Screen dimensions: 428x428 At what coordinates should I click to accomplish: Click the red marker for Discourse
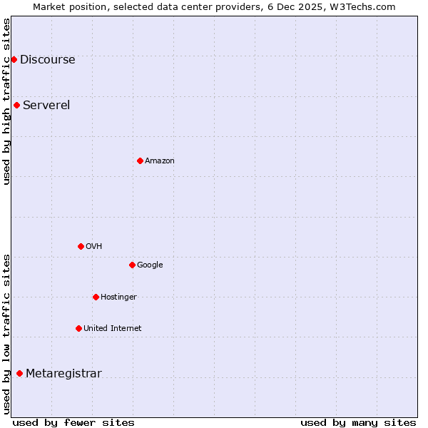click(14, 59)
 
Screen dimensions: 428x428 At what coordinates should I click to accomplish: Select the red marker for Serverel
click(16, 106)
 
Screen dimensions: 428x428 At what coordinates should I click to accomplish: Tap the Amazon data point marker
click(140, 160)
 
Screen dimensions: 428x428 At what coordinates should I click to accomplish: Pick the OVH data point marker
click(81, 246)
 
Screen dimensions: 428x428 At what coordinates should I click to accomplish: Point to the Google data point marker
click(132, 265)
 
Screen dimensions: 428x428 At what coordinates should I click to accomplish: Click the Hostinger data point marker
click(96, 297)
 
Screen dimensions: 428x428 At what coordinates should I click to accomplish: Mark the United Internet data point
click(78, 328)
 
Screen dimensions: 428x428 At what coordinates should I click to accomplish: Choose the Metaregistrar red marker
click(19, 373)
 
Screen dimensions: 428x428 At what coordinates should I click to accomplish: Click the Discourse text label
click(47, 60)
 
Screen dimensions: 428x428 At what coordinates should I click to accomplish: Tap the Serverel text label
click(46, 106)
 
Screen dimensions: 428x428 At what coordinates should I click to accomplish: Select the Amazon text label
click(160, 161)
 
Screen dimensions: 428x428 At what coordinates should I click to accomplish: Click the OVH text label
click(94, 247)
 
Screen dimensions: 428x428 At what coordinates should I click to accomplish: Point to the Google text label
click(150, 265)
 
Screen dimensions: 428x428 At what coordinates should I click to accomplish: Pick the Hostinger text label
click(118, 297)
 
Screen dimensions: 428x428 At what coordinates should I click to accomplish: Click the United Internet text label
click(113, 329)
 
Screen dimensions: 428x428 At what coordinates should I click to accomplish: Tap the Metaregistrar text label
click(63, 374)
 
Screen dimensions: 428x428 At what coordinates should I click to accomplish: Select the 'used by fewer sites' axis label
click(73, 422)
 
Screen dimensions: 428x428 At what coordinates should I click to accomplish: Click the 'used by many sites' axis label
click(358, 422)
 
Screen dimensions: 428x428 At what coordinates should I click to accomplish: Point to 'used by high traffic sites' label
click(6, 101)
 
